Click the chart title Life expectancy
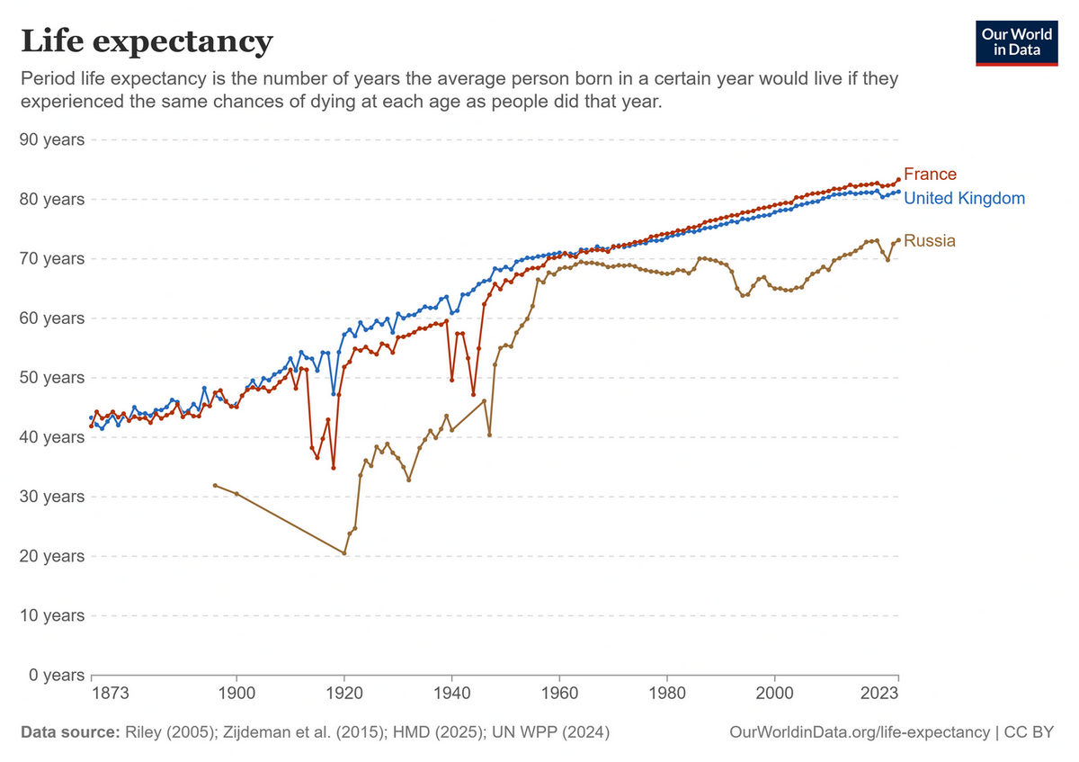click(x=147, y=42)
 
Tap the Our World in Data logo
click(x=1016, y=43)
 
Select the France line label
click(x=930, y=174)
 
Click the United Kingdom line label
click(x=964, y=198)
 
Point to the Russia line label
click(x=929, y=240)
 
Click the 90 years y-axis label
click(x=52, y=139)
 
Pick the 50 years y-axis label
click(x=52, y=377)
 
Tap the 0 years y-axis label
click(x=57, y=675)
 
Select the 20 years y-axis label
click(x=52, y=556)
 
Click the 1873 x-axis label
click(x=111, y=693)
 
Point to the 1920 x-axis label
click(x=343, y=693)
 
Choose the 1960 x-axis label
click(x=559, y=693)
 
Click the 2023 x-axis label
click(x=879, y=693)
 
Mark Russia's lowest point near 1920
click(x=343, y=553)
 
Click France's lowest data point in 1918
click(x=334, y=468)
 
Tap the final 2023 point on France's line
click(x=898, y=180)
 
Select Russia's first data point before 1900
click(x=215, y=485)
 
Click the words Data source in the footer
click(x=70, y=732)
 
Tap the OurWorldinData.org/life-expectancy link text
click(x=860, y=732)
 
